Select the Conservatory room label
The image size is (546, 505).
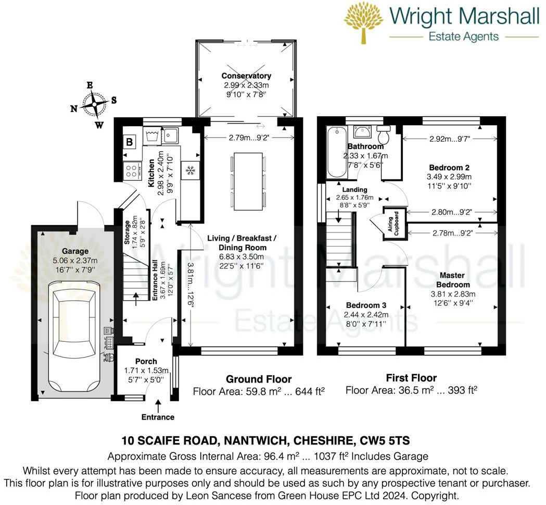click(246, 76)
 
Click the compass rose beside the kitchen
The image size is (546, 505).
click(94, 103)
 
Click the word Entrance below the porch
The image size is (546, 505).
click(158, 417)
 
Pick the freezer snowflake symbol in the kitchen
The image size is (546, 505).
click(189, 170)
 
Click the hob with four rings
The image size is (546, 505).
click(132, 169)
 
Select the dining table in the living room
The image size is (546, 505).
click(248, 174)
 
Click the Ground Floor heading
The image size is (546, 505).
click(258, 379)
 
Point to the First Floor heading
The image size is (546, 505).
click(411, 378)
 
